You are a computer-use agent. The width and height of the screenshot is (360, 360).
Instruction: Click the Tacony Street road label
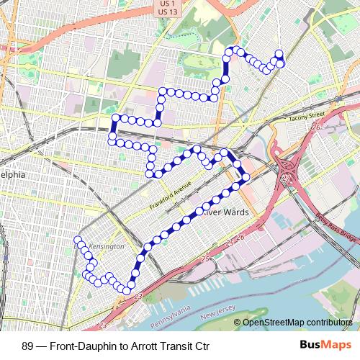click(307, 114)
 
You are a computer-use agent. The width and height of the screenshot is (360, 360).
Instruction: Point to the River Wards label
click(225, 212)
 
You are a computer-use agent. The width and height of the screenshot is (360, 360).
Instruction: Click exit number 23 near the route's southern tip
click(138, 295)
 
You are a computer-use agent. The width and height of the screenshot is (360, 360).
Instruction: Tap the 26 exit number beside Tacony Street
click(315, 127)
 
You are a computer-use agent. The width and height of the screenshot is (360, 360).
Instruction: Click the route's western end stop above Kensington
click(78, 240)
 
